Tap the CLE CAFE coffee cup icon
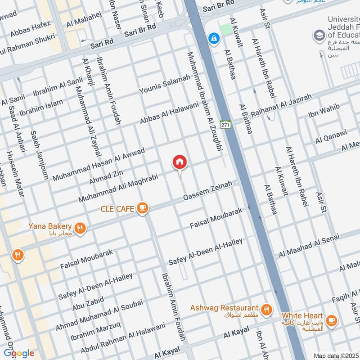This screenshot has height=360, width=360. [x=143, y=207]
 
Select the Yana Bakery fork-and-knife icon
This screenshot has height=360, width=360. [x=80, y=228]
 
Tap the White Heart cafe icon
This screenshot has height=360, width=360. [x=332, y=320]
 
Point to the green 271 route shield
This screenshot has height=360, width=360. [x=226, y=124]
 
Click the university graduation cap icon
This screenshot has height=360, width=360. [x=319, y=35]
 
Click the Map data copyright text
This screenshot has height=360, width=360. [x=335, y=355]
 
